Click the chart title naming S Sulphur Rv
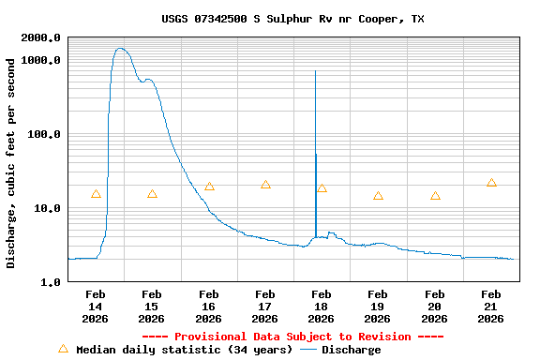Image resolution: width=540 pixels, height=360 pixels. tap(292, 19)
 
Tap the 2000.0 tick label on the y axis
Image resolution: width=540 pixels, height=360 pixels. tap(41, 37)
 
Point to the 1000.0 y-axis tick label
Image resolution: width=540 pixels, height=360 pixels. tap(41, 60)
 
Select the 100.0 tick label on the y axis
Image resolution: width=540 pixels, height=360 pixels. tap(45, 134)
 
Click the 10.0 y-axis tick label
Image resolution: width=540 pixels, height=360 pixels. tap(48, 208)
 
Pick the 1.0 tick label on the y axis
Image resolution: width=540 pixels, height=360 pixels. tap(51, 282)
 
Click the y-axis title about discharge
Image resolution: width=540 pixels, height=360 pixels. tap(11, 163)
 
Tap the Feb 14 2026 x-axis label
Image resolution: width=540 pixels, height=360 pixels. tap(96, 306)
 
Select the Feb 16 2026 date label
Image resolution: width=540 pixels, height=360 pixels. tap(208, 306)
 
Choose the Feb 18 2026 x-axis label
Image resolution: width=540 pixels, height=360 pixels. tap(322, 306)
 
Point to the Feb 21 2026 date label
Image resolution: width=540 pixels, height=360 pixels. tap(491, 306)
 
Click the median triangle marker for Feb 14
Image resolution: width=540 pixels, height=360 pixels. tap(96, 194)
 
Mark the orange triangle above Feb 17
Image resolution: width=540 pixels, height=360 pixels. tap(265, 185)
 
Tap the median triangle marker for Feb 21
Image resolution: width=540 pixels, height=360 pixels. tap(491, 183)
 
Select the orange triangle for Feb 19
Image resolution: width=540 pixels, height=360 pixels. tap(378, 196)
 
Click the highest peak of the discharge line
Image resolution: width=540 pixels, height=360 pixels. tap(120, 49)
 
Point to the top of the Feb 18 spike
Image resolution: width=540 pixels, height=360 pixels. tap(315, 71)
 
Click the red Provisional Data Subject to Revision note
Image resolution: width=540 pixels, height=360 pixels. tap(292, 337)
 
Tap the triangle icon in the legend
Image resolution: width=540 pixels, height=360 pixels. tap(63, 349)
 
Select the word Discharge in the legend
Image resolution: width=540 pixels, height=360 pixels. tap(351, 350)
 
